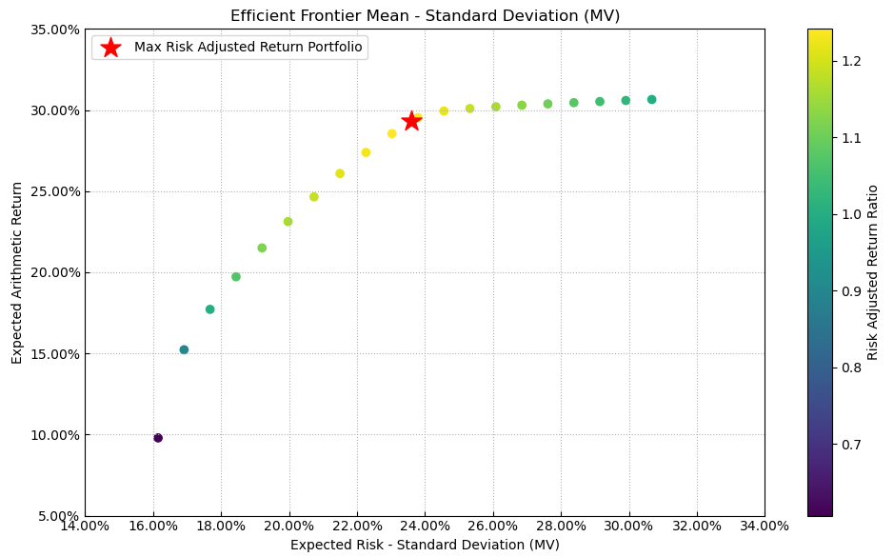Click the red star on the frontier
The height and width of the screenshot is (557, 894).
point(411,121)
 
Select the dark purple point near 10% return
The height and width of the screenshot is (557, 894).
point(158,438)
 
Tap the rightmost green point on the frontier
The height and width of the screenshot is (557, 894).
point(651,100)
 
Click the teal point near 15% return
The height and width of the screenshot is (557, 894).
point(184,350)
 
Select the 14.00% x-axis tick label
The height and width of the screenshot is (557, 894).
point(85,526)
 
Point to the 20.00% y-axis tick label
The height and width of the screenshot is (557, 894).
point(57,272)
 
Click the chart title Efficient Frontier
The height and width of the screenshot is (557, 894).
point(425,15)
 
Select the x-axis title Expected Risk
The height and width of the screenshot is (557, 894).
point(425,545)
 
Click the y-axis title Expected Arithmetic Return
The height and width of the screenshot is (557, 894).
point(17,272)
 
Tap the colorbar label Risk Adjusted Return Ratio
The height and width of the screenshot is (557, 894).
point(872,272)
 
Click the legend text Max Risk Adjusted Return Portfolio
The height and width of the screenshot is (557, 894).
point(248,47)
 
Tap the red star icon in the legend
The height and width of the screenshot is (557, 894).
point(110,48)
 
